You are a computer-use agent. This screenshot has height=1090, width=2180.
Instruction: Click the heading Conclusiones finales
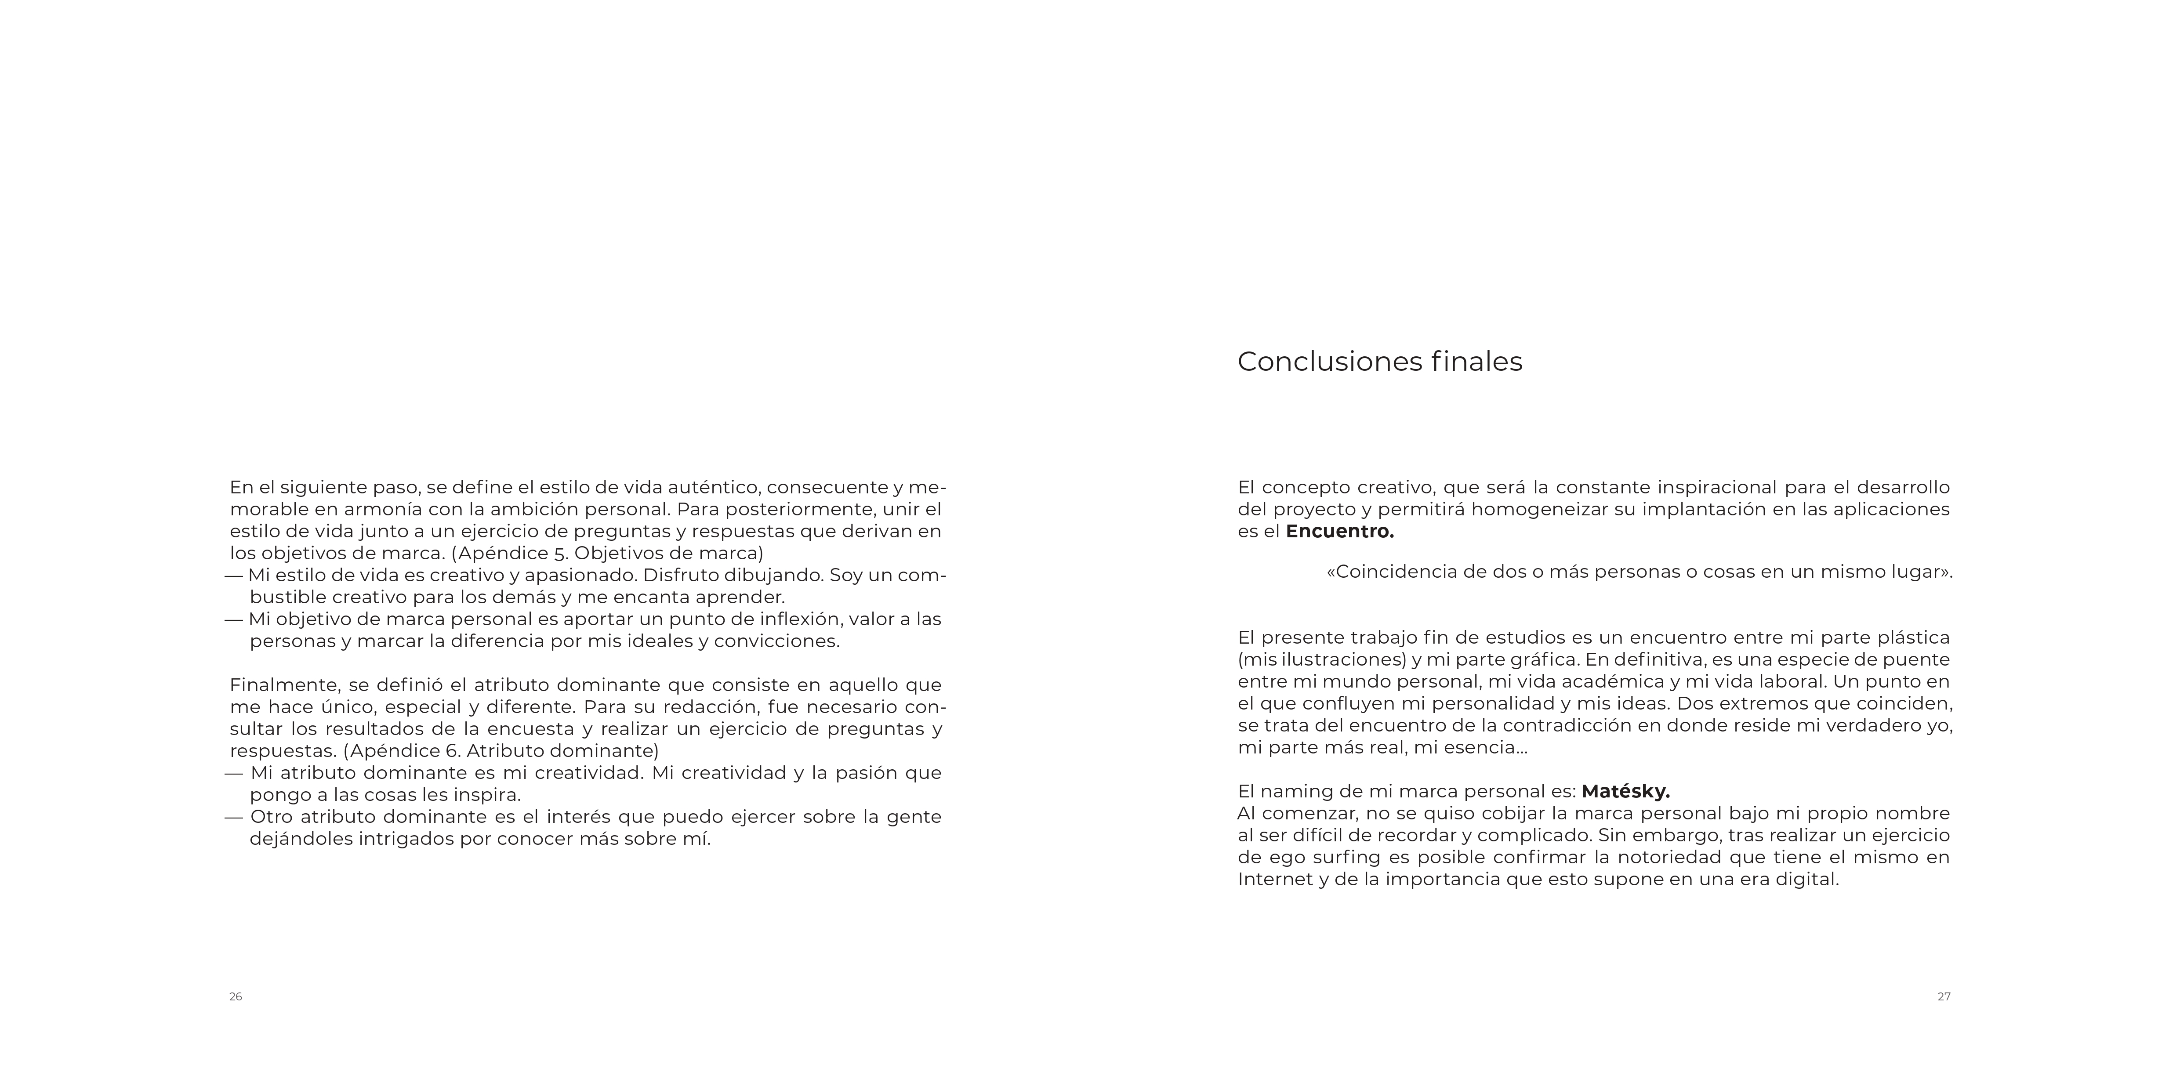1379,362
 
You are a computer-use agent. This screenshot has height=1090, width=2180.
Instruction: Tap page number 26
235,997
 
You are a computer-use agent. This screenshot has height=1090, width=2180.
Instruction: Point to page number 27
1944,997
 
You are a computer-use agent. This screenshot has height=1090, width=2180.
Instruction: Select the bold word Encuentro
1339,532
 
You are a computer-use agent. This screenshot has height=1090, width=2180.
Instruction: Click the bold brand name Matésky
1625,791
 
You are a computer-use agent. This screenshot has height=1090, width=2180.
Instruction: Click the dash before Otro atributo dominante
234,818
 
